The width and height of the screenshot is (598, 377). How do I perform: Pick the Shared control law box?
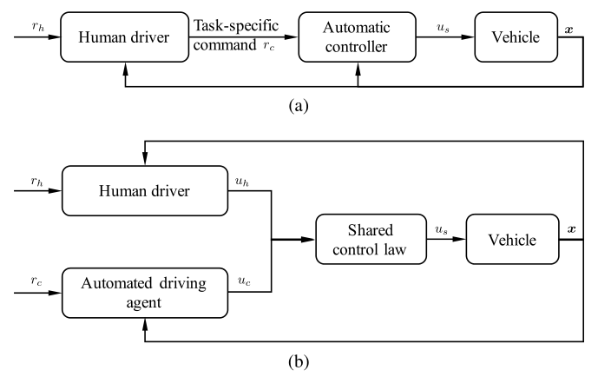click(371, 239)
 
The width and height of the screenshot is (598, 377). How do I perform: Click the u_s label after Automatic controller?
click(444, 28)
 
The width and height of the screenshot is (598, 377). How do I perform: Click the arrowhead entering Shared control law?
click(308, 239)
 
